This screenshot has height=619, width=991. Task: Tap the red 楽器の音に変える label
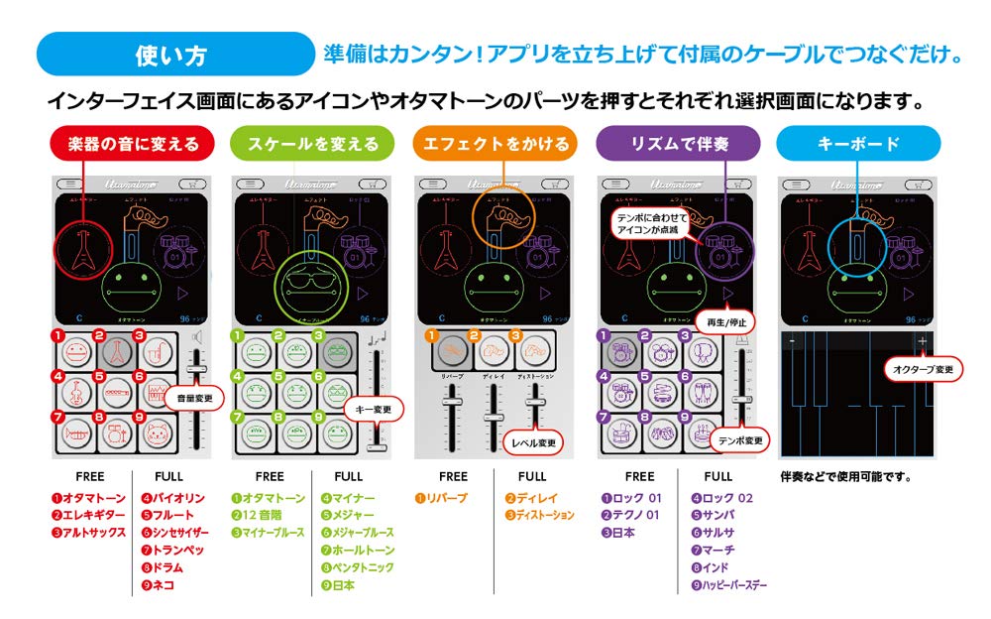coord(133,144)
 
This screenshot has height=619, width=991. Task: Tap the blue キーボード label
coord(858,144)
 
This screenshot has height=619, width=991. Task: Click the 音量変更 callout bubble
coord(194,398)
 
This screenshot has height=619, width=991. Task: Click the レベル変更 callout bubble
coord(533,441)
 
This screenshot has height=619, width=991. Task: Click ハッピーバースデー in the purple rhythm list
coord(734,585)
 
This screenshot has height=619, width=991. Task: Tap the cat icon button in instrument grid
coord(158,433)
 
